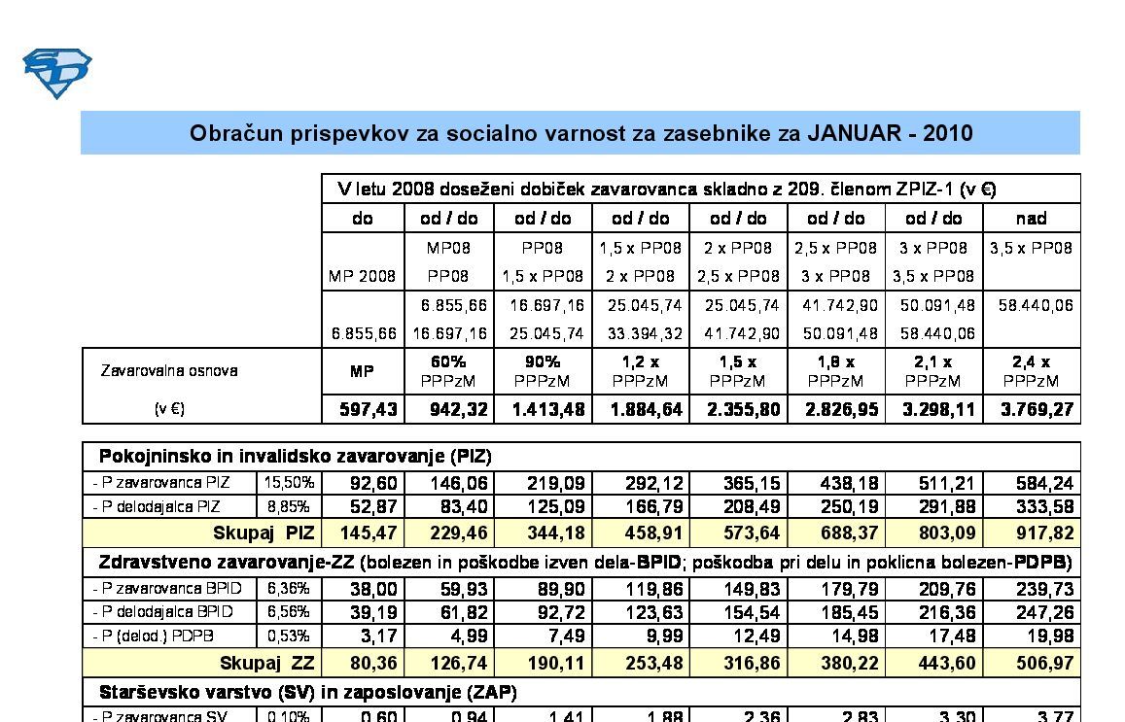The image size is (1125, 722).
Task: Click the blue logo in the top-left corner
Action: (x=56, y=73)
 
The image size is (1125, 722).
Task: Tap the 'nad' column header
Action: (x=1031, y=218)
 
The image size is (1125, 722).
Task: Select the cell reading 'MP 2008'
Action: (x=362, y=276)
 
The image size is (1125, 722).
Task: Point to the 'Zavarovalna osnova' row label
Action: (x=169, y=370)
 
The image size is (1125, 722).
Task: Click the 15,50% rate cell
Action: (x=290, y=482)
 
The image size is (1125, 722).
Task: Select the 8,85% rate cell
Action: (x=290, y=506)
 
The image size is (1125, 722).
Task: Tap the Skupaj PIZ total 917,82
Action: (x=1039, y=533)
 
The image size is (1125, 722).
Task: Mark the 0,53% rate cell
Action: (x=290, y=636)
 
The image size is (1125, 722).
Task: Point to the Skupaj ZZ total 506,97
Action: (x=1039, y=663)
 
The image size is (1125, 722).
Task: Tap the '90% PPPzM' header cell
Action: (x=543, y=371)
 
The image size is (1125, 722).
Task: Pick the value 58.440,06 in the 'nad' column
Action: (x=1037, y=305)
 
